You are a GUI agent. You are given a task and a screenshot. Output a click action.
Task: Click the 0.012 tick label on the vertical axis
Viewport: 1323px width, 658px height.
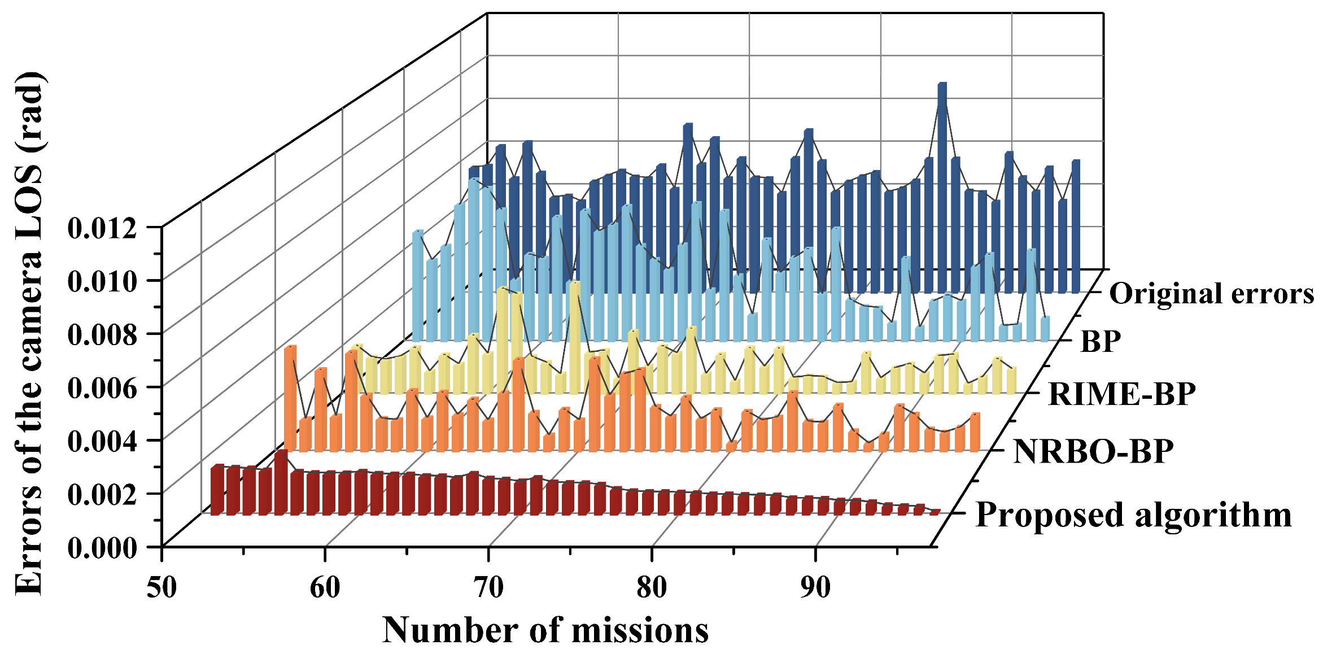pyautogui.click(x=102, y=229)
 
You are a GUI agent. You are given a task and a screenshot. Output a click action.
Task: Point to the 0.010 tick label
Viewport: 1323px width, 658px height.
pyautogui.click(x=102, y=281)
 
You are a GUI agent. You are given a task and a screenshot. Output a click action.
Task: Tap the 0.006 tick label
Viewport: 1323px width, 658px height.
pyautogui.click(x=102, y=388)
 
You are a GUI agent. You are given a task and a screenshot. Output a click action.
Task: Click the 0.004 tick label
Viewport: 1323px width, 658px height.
pyautogui.click(x=102, y=441)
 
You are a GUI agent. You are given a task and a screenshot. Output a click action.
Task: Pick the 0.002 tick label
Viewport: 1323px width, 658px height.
pyautogui.click(x=102, y=495)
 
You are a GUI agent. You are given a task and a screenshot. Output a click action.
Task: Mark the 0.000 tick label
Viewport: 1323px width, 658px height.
pyautogui.click(x=102, y=548)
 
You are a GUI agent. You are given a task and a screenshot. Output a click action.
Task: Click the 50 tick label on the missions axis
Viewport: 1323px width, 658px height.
pyautogui.click(x=162, y=587)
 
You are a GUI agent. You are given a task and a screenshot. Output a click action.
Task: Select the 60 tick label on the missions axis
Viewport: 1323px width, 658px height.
pyautogui.click(x=325, y=587)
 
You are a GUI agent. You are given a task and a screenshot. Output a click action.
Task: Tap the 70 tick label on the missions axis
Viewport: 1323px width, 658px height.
pyautogui.click(x=488, y=587)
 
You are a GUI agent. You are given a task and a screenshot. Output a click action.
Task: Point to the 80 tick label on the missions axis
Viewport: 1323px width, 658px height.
pyautogui.click(x=652, y=587)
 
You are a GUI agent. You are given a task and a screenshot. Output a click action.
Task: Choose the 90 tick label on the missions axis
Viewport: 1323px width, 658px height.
pyautogui.click(x=815, y=587)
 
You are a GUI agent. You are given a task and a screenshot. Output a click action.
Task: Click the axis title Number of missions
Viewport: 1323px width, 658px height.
pyautogui.click(x=545, y=630)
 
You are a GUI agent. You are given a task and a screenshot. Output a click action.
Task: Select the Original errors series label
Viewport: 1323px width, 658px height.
pyautogui.click(x=1212, y=294)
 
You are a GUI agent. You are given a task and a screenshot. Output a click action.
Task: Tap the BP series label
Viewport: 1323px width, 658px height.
pyautogui.click(x=1101, y=341)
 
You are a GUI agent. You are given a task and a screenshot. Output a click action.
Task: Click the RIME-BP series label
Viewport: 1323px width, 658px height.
pyautogui.click(x=1122, y=394)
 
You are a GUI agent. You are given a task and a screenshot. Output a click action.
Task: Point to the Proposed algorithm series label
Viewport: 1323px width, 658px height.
pyautogui.click(x=1134, y=515)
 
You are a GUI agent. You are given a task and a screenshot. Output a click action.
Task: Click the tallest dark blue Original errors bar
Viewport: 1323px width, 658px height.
pyautogui.click(x=942, y=186)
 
